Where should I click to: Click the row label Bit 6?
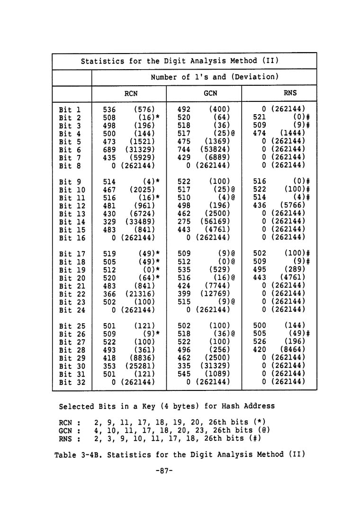pos(70,150)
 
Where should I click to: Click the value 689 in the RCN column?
pos(109,150)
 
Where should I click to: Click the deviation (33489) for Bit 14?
pos(140,221)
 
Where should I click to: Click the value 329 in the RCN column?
pos(109,221)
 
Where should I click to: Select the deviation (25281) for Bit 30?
pos(140,365)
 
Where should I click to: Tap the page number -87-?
pos(163,471)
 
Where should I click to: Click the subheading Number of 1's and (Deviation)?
pos(214,77)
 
